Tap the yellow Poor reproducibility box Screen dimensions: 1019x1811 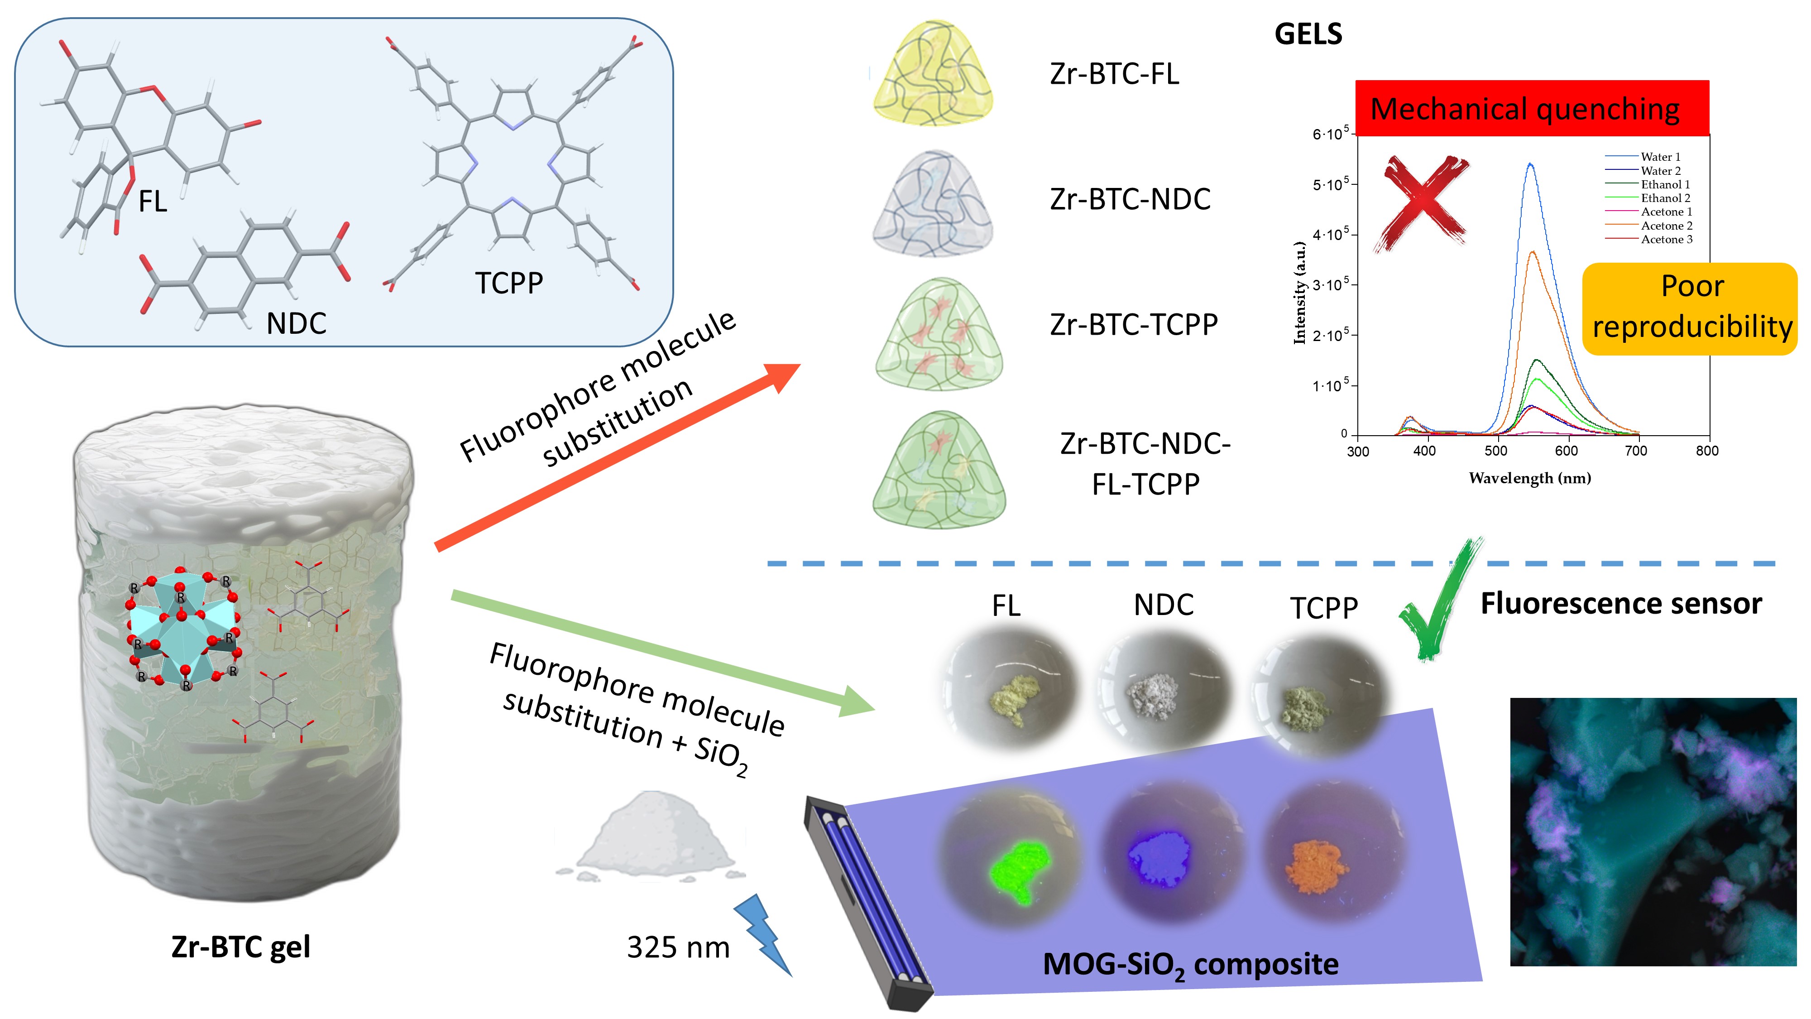click(1689, 308)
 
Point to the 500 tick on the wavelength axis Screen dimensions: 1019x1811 click(1495, 451)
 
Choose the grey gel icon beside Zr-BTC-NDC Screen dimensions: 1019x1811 click(934, 204)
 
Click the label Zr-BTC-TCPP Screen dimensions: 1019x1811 click(1133, 325)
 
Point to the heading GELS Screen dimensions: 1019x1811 click(1308, 34)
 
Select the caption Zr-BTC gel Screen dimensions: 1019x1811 click(240, 947)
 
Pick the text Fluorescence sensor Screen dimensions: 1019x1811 click(1620, 603)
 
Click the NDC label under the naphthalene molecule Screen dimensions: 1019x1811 click(296, 323)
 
